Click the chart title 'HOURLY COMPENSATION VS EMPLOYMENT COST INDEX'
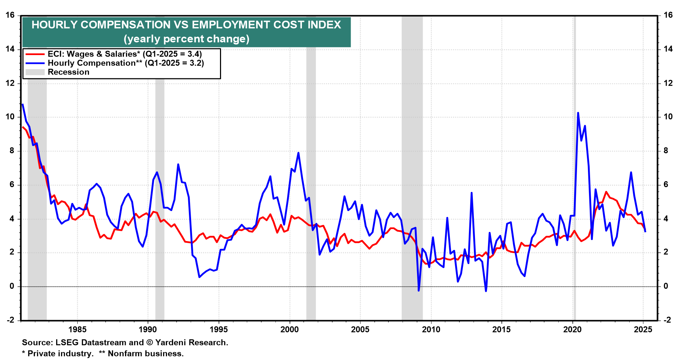(x=186, y=25)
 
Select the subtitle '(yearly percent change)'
(x=186, y=38)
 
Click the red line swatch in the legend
(x=35, y=54)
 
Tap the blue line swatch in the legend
(x=35, y=63)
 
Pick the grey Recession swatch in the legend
(x=35, y=72)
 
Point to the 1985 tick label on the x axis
(x=77, y=330)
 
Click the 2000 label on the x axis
(x=290, y=330)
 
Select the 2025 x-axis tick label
(x=643, y=330)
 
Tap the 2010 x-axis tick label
(x=431, y=330)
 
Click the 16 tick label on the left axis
(x=10, y=15)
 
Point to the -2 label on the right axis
(x=667, y=320)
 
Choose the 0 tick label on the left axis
(x=12, y=286)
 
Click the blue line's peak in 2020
(x=578, y=113)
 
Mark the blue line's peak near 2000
(x=298, y=153)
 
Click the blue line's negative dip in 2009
(x=419, y=290)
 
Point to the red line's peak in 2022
(x=606, y=192)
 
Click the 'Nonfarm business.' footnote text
(x=145, y=354)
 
